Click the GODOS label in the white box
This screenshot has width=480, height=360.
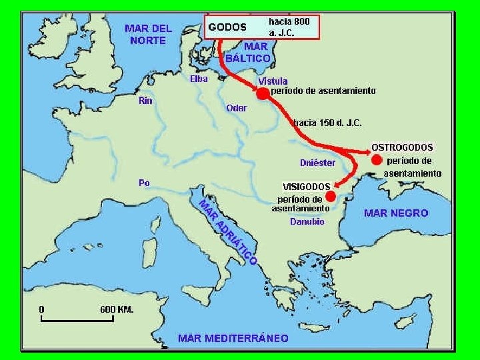227,27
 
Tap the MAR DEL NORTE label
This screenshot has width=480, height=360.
148,34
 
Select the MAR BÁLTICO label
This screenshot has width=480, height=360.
248,53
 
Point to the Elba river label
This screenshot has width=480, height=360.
199,79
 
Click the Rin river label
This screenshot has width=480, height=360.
145,101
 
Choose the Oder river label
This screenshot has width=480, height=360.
237,108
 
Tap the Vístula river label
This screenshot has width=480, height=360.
273,81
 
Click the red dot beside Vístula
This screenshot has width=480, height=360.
263,94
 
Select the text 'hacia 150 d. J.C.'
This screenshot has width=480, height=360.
327,123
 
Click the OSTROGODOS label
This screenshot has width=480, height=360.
402,147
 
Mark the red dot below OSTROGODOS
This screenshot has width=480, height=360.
377,160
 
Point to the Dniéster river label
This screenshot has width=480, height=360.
317,163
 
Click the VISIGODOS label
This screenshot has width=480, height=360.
307,187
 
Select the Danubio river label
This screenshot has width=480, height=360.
307,222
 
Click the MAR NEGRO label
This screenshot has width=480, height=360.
396,213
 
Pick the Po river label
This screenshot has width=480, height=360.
144,183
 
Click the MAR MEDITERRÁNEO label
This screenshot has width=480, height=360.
233,338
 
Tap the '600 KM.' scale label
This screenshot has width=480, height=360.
117,309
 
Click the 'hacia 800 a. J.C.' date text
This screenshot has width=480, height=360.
289,27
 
